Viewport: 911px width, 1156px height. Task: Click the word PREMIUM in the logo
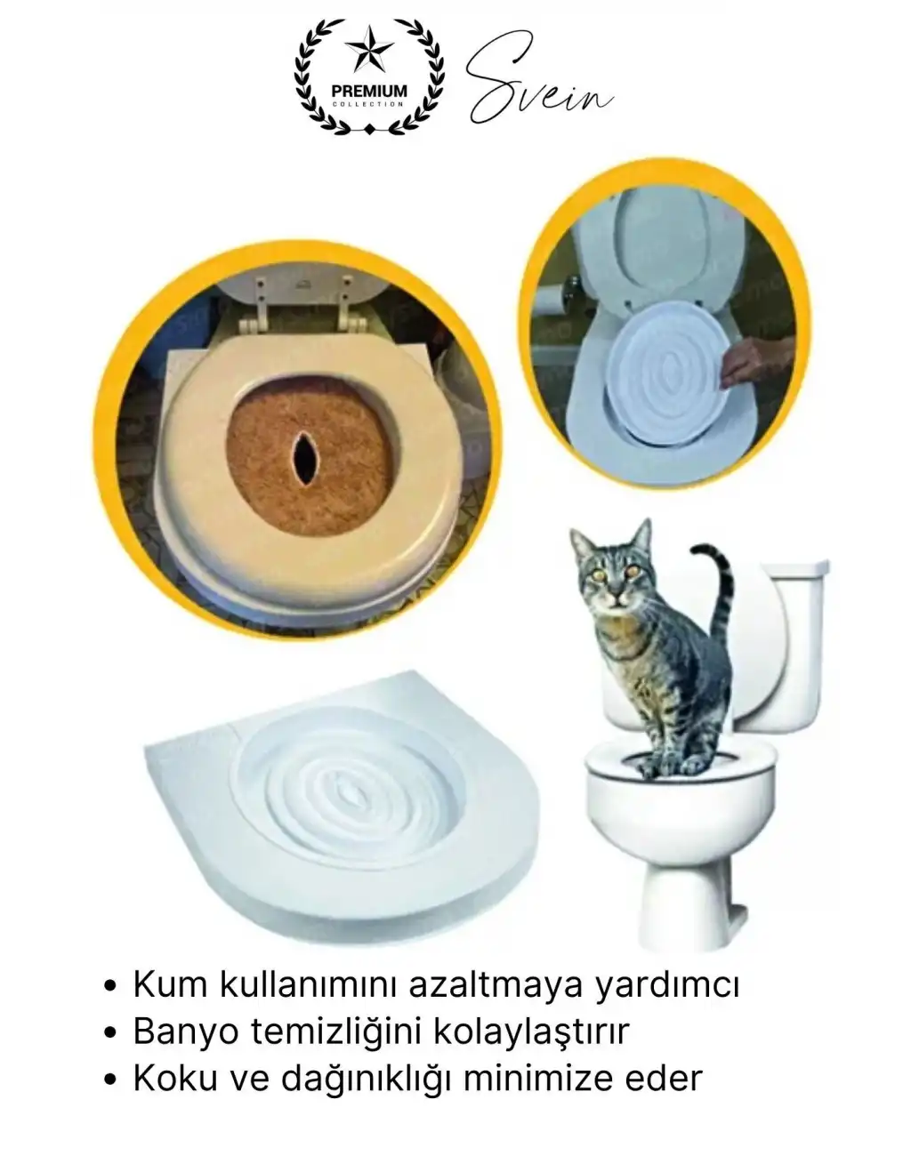pos(369,92)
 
